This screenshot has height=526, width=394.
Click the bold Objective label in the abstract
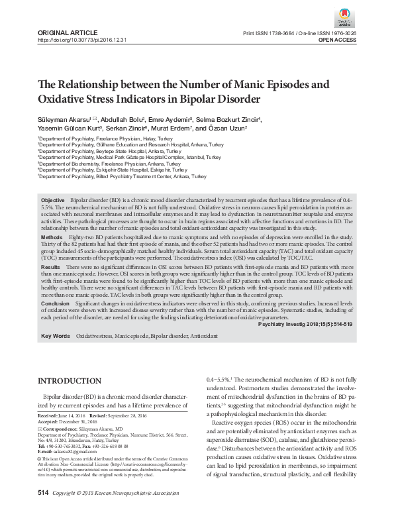click(53, 199)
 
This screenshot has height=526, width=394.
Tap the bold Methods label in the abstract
click(52, 237)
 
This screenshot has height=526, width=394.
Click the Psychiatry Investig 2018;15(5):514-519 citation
click(304, 325)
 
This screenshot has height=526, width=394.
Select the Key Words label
click(55, 337)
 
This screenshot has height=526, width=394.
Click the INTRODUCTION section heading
click(70, 381)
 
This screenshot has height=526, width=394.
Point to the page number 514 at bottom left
click(44, 511)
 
